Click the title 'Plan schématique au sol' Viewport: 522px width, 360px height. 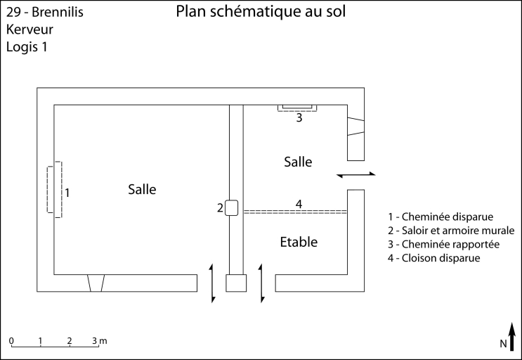[261, 12]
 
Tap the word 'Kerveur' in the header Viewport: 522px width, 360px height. [30, 30]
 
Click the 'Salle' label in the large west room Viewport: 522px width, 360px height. [142, 189]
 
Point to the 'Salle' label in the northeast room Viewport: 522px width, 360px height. [298, 162]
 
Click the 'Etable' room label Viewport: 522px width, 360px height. [299, 243]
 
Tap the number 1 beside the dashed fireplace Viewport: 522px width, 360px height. [67, 191]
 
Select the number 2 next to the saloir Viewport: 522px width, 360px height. [220, 207]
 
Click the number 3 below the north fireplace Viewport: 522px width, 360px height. [299, 118]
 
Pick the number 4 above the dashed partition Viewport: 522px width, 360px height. [299, 204]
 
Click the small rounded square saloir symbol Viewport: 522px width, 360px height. [233, 207]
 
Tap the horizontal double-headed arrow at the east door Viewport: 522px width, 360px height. [357, 174]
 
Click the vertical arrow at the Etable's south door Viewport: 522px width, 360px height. [262, 283]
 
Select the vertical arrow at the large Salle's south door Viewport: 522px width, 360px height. [213, 283]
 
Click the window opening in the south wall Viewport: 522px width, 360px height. [96, 283]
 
